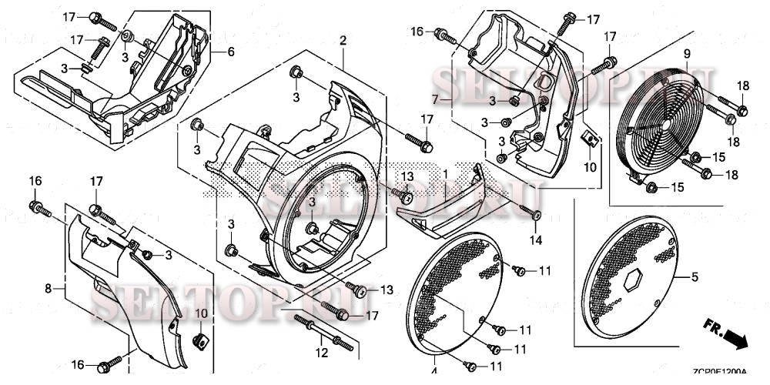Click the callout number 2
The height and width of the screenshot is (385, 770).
coord(343,40)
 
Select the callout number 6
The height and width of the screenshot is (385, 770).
coord(230,52)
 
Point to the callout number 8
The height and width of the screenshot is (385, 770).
coord(49,289)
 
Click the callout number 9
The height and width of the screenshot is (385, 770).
coord(687,53)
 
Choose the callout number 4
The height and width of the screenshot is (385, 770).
coord(434,371)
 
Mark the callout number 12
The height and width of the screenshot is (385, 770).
coord(322,353)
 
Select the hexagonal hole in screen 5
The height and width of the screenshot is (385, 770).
coord(634,281)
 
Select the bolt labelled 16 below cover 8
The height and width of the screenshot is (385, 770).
coord(110,361)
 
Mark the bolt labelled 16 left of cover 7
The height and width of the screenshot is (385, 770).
coord(443,34)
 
